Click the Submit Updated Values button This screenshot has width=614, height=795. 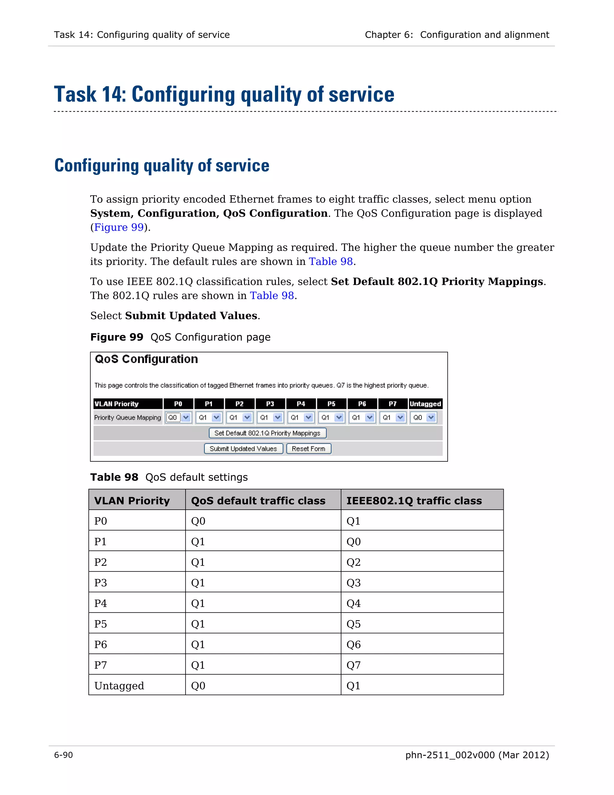point(243,449)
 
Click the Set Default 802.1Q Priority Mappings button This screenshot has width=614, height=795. point(267,433)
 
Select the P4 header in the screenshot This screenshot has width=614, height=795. point(301,404)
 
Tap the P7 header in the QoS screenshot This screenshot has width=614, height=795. point(392,404)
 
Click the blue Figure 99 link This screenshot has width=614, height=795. point(119,227)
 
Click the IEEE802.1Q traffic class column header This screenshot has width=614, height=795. point(414,501)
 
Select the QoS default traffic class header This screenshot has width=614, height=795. point(258,501)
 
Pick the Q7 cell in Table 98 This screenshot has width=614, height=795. point(353,665)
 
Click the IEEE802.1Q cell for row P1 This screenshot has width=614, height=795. point(353,541)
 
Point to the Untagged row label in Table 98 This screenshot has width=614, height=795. point(119,686)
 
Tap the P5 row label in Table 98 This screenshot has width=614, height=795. point(100,624)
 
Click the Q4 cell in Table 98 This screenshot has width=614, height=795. point(353,604)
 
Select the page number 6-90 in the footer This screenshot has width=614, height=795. point(64,755)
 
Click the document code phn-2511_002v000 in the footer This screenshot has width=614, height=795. point(450,755)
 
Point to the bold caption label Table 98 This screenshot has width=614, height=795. point(114,477)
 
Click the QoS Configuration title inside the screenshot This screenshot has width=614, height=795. point(146,359)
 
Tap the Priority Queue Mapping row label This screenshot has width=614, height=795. point(127,418)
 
